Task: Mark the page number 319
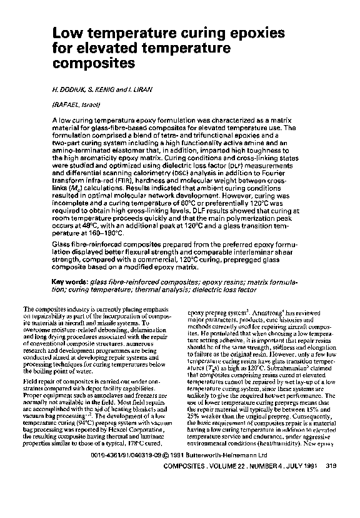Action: click(x=332, y=484)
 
